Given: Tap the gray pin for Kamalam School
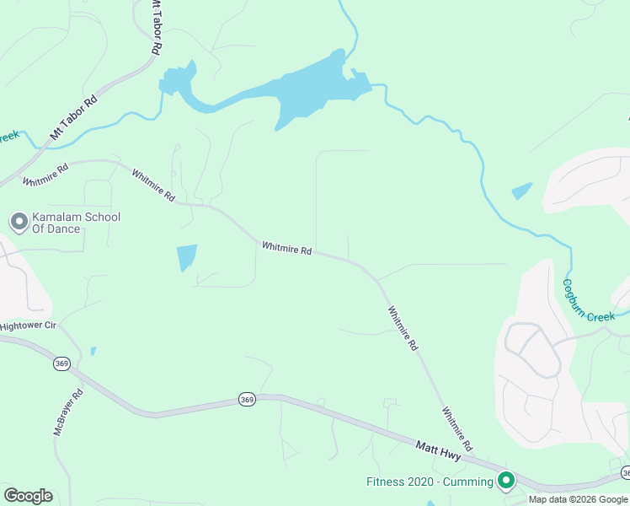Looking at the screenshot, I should (19, 223).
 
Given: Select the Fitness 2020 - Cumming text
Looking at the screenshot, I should (430, 482).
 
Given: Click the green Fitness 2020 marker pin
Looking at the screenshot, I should (506, 481).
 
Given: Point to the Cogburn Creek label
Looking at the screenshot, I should (589, 302).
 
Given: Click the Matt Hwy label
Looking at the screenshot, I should (438, 449).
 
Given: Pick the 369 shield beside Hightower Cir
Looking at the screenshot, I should (61, 363).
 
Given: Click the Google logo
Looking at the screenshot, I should (28, 495).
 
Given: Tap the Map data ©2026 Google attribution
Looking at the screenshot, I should (579, 499).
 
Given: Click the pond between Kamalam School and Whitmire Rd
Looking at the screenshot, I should (186, 257).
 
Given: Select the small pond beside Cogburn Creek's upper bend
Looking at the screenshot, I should (522, 191).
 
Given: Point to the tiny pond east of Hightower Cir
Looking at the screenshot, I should (93, 350).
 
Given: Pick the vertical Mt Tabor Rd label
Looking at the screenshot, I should (155, 28).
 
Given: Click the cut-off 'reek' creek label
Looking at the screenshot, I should (8, 136).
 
